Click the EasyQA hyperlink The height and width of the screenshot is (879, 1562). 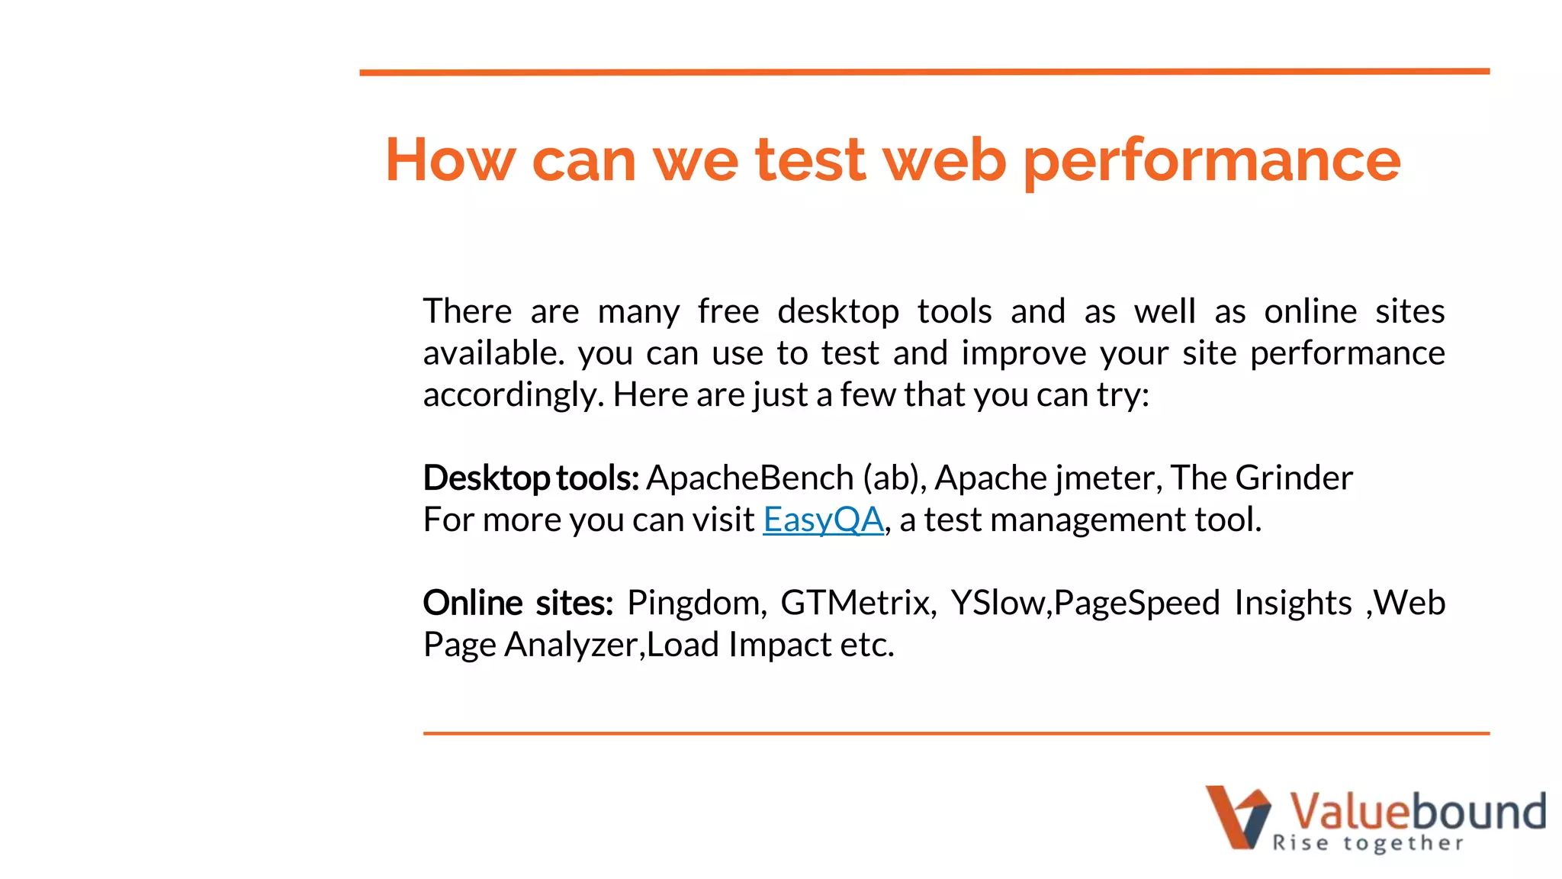pos(823,520)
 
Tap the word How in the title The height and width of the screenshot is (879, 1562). pos(450,159)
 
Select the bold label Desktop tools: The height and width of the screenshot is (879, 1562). pos(531,478)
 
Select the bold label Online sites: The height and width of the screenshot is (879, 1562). pos(518,604)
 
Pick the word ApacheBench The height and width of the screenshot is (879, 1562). pos(749,478)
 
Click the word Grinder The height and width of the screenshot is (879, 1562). pos(1294,478)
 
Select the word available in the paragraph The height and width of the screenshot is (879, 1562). pos(493,354)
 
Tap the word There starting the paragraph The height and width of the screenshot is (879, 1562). pos(468,312)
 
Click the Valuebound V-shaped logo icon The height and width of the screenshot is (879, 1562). pos(1238,816)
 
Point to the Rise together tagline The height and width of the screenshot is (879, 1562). pos(1368,843)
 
